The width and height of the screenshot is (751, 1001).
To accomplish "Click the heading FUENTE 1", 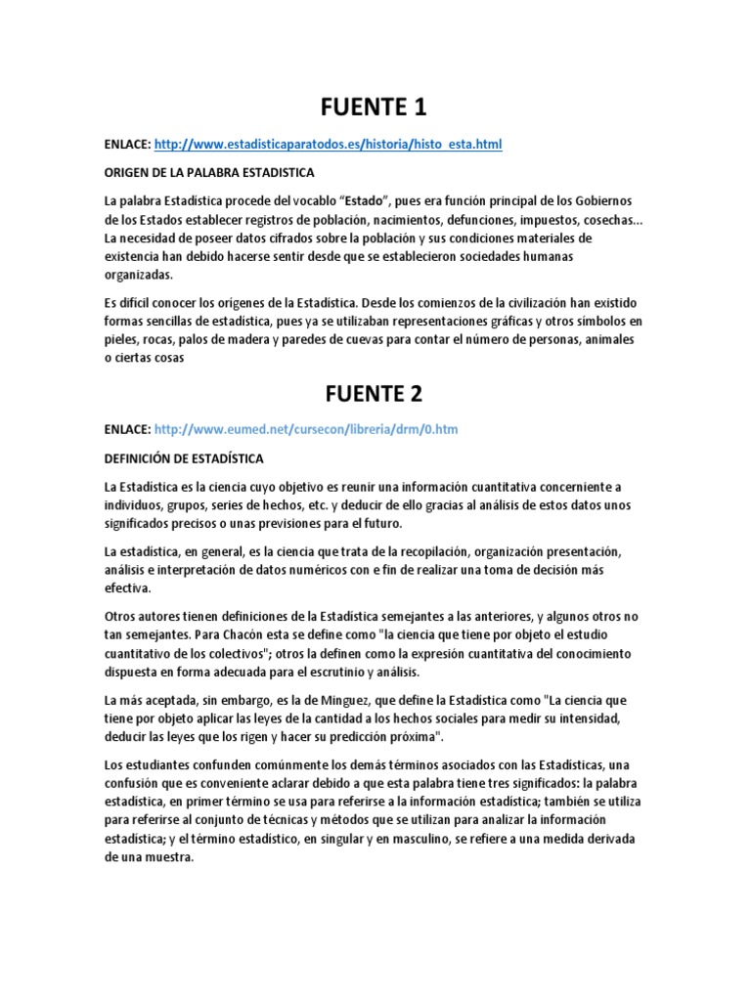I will tap(375, 106).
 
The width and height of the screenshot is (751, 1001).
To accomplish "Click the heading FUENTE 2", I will tap(375, 393).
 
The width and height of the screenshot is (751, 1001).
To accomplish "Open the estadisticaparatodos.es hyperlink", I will tap(329, 145).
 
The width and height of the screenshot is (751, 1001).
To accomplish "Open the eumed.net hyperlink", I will tap(306, 429).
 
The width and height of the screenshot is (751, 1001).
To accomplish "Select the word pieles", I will tap(121, 339).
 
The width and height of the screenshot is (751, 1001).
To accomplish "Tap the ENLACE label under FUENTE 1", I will tap(126, 145).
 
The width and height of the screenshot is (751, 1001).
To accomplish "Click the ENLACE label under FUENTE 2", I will tap(126, 429).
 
